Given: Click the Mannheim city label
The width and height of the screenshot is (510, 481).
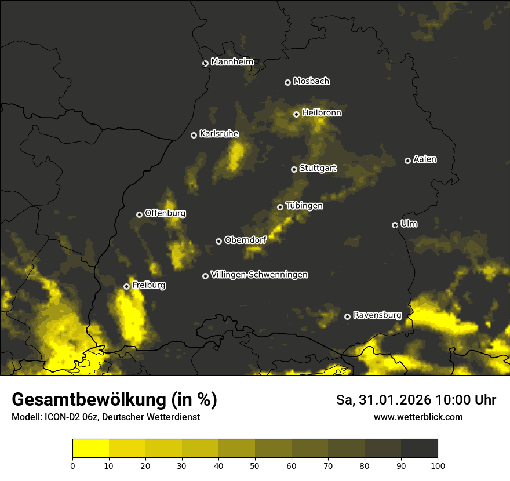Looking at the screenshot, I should tap(232, 62).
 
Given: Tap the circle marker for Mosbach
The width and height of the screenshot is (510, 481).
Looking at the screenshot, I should tap(287, 82).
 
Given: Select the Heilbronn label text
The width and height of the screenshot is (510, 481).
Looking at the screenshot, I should tap(322, 113).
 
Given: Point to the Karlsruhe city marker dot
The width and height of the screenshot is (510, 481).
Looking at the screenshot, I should tap(194, 135).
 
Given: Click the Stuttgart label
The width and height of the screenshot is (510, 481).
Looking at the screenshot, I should tap(318, 169).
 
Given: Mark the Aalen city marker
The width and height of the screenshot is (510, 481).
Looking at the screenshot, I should tap(407, 161).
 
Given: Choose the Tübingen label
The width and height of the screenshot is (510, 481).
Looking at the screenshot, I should tap(304, 206).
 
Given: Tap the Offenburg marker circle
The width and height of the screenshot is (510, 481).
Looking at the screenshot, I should tap(139, 214).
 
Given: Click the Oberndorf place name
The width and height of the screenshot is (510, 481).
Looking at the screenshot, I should tap(245, 240).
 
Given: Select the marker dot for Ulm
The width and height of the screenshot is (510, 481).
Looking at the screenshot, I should tap(395, 225).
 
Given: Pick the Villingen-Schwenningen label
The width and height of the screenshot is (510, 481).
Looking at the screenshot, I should tap(259, 275).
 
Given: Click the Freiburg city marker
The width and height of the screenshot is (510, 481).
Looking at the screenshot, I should tap(126, 286).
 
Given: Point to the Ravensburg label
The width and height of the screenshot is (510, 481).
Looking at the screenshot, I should tap(377, 315).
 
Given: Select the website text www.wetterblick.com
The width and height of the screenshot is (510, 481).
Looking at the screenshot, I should tap(418, 417).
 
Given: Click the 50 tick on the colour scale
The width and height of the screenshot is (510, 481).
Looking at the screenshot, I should tap(255, 465).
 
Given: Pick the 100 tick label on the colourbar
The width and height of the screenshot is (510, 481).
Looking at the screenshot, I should tap(438, 465).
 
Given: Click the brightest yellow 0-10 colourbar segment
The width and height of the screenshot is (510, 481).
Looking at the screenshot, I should tap(91, 449).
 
